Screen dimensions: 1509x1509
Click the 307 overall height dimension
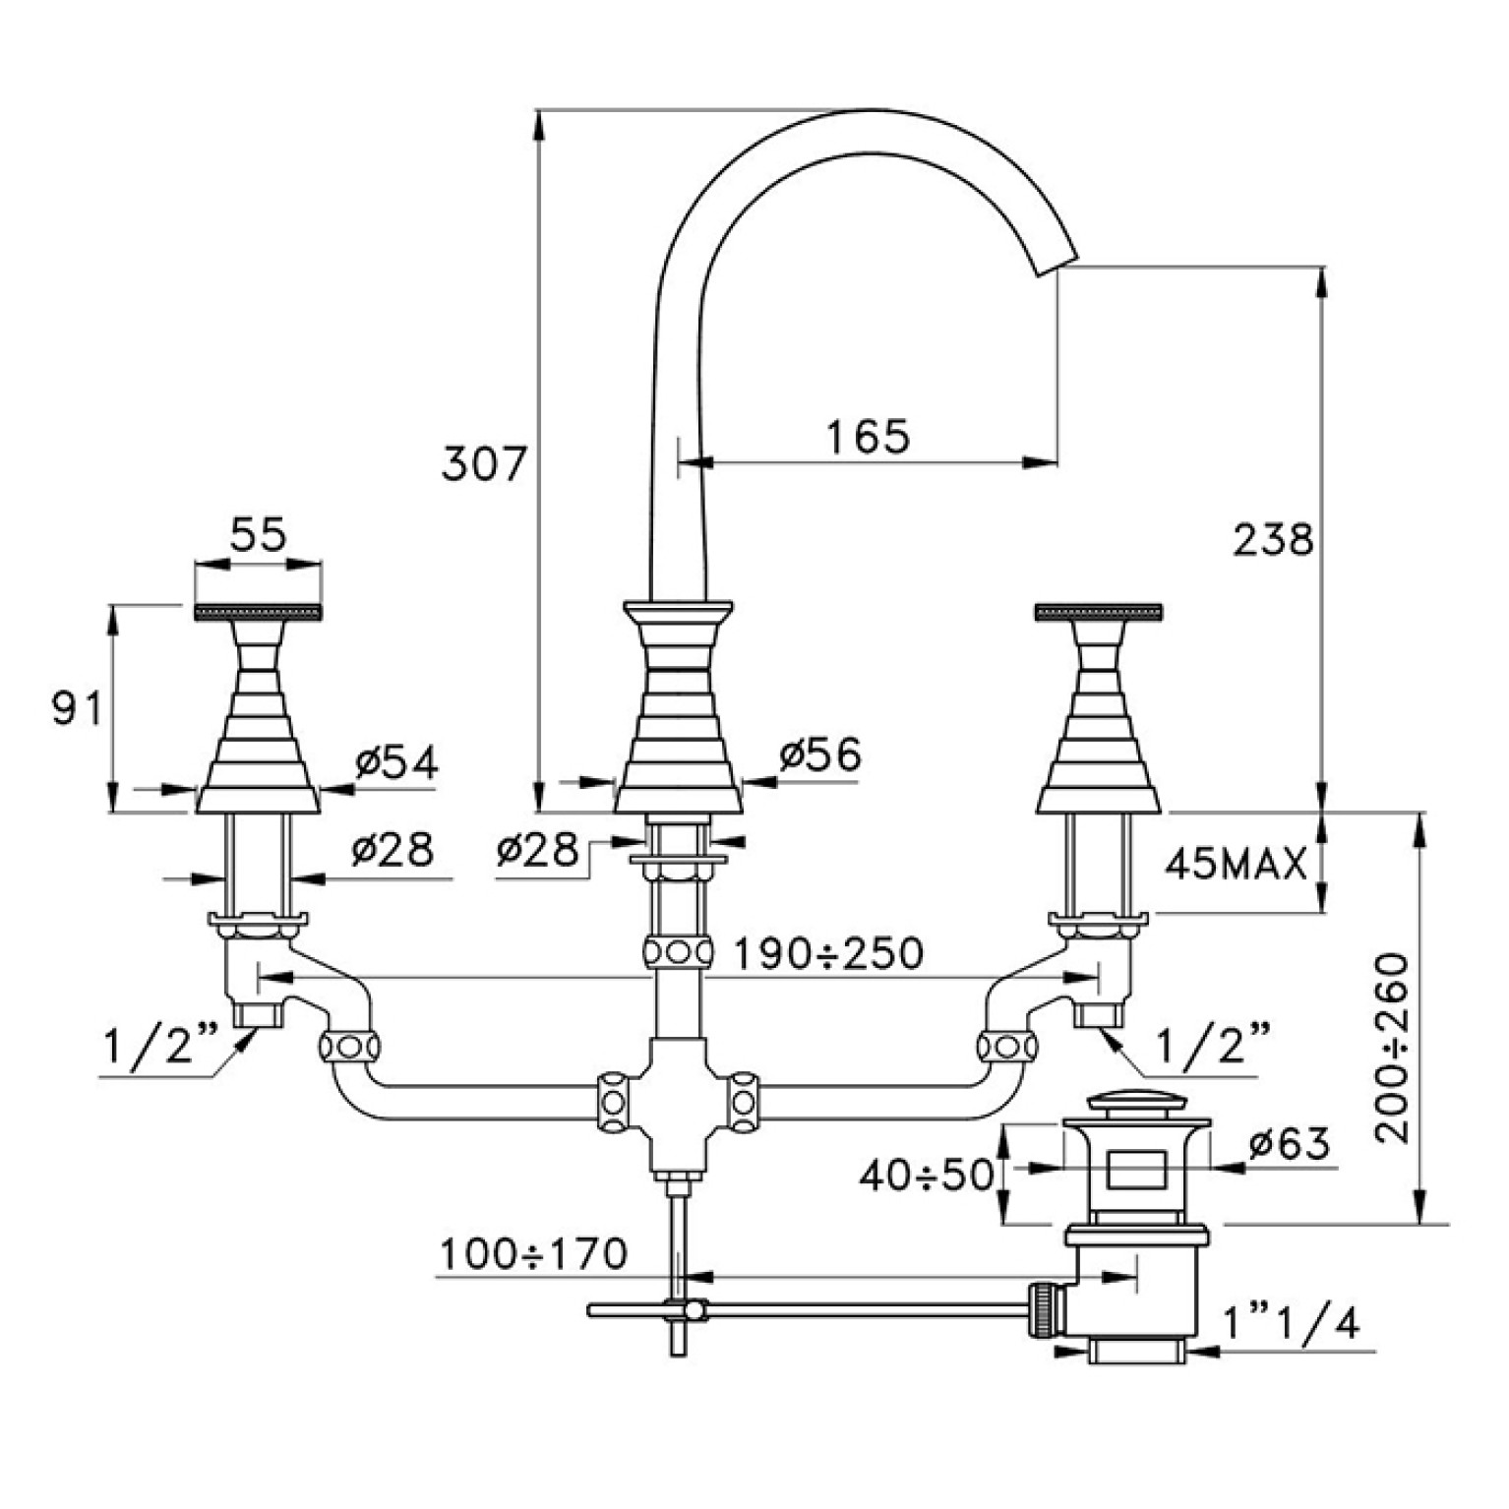pyautogui.click(x=484, y=462)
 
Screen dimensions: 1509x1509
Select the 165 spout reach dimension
pyautogui.click(x=868, y=436)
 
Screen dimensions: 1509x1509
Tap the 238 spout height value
pyautogui.click(x=1273, y=539)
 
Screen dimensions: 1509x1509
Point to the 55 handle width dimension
pyautogui.click(x=258, y=535)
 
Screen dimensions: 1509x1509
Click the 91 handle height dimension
pyautogui.click(x=76, y=707)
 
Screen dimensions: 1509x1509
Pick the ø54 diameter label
pyautogui.click(x=396, y=762)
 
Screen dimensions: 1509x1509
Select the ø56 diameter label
pyautogui.click(x=819, y=754)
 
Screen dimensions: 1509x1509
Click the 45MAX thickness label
pyautogui.click(x=1237, y=863)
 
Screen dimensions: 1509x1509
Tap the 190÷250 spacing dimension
pyautogui.click(x=828, y=952)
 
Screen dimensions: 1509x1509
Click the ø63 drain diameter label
pyautogui.click(x=1290, y=1144)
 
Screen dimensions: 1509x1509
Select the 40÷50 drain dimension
pyautogui.click(x=927, y=1175)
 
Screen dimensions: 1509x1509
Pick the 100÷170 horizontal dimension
pyautogui.click(x=532, y=1254)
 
